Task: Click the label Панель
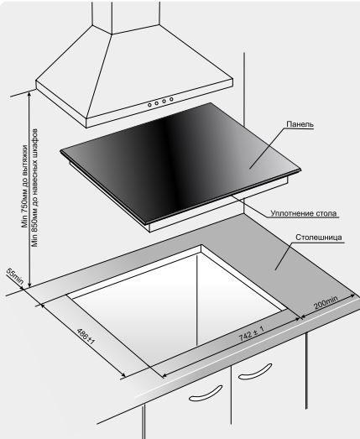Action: click(x=300, y=124)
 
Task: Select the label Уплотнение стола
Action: click(x=304, y=213)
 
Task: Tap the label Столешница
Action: click(x=319, y=238)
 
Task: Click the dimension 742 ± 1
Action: click(x=251, y=333)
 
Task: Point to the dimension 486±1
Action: click(x=86, y=337)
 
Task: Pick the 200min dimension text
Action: click(x=326, y=302)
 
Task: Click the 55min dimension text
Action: click(x=14, y=277)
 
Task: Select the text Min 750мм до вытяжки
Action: click(x=25, y=186)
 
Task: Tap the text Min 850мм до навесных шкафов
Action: click(x=34, y=188)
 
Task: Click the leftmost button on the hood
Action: click(x=149, y=105)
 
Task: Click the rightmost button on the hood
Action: click(x=171, y=99)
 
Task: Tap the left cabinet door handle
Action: click(x=206, y=393)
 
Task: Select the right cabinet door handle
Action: click(x=255, y=372)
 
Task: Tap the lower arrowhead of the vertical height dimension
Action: click(x=29, y=285)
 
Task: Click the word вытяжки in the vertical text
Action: click(x=25, y=158)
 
